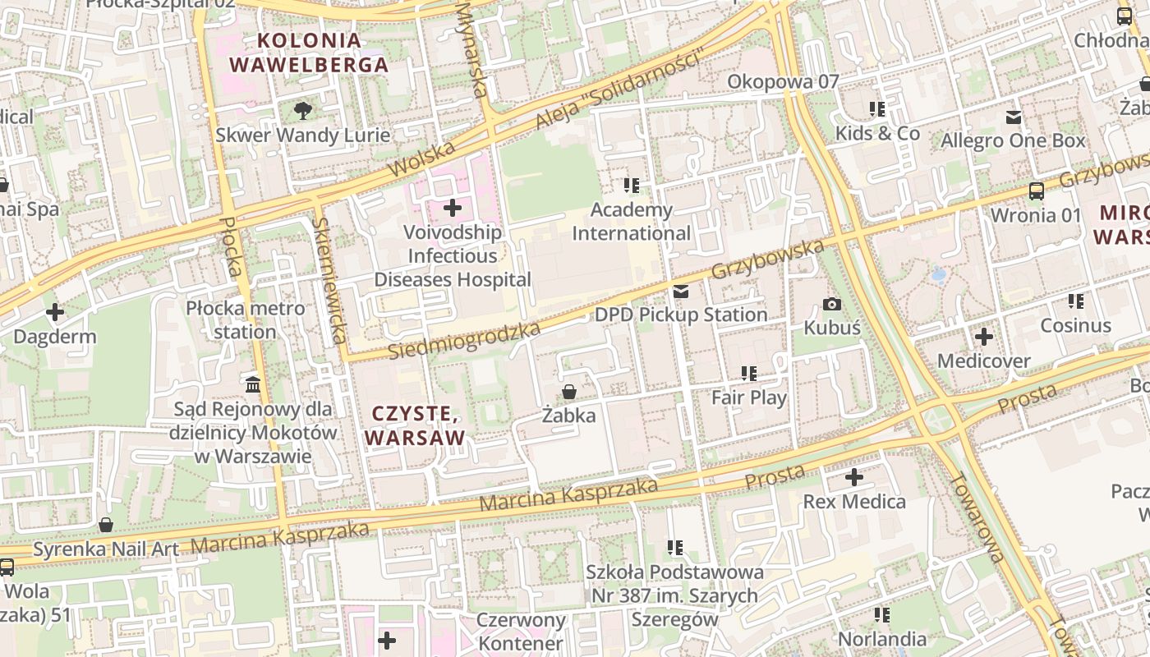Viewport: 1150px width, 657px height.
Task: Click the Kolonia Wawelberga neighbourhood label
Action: [308, 53]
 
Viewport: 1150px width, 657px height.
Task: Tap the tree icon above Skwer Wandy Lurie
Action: [303, 110]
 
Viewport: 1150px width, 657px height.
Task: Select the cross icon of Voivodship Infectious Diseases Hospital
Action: [452, 208]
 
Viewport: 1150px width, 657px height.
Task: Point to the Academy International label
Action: [631, 222]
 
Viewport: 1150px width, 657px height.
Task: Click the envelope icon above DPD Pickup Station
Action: [681, 292]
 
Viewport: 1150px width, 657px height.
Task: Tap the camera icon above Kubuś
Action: [832, 305]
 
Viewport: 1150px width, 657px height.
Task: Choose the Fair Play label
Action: [748, 397]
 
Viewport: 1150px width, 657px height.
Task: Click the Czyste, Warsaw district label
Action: [415, 425]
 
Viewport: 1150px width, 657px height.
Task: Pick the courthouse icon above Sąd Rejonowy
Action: [253, 384]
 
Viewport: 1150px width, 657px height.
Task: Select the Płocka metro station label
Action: [245, 320]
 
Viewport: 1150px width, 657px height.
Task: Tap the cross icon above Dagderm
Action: [55, 313]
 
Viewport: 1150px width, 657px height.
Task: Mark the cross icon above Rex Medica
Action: [854, 477]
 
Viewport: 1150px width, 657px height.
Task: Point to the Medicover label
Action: [983, 361]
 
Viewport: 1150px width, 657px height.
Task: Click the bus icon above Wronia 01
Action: [1037, 191]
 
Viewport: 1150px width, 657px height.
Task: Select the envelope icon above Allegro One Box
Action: [1014, 117]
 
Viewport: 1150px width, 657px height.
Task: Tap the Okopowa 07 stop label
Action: [783, 81]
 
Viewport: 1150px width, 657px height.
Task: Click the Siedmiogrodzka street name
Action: [464, 341]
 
